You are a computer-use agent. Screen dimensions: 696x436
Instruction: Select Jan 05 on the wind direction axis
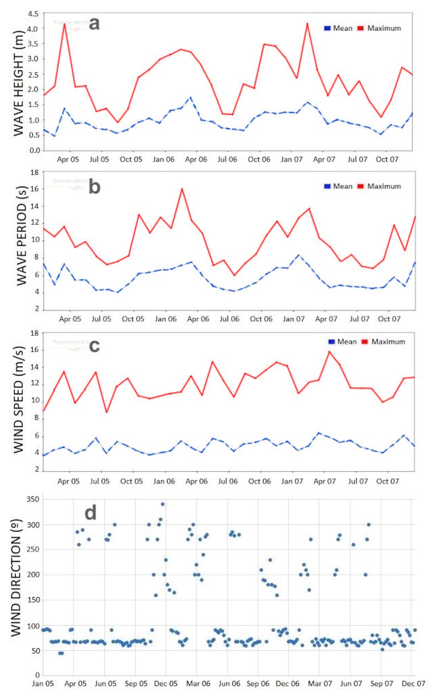43,684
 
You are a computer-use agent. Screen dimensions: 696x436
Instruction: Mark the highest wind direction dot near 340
163,504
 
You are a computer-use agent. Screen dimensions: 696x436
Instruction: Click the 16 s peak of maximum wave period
182,189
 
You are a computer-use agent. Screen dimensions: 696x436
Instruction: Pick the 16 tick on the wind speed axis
35,350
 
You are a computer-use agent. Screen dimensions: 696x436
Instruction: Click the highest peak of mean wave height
190,98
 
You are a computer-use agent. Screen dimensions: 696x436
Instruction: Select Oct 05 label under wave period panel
133,319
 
